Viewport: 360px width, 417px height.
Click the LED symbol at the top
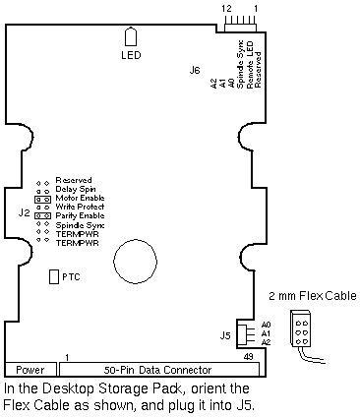pyautogui.click(x=131, y=37)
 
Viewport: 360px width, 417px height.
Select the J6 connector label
pyautogui.click(x=195, y=70)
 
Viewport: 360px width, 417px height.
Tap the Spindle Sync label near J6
pyautogui.click(x=240, y=64)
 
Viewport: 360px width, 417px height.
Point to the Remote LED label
pyautogui.click(x=250, y=65)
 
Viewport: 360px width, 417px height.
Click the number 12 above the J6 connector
pyautogui.click(x=226, y=9)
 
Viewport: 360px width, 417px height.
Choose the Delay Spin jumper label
pyautogui.click(x=76, y=189)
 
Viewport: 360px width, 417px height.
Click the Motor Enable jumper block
pyautogui.click(x=43, y=199)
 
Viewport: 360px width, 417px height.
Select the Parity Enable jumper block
pyautogui.click(x=43, y=215)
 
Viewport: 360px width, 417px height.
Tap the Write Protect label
pyautogui.click(x=80, y=207)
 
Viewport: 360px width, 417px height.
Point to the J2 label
pyautogui.click(x=24, y=213)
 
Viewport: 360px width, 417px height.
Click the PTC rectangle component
pyautogui.click(x=54, y=276)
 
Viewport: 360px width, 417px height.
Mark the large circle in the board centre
pyautogui.click(x=135, y=262)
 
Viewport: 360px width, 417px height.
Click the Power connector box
pyautogui.click(x=30, y=370)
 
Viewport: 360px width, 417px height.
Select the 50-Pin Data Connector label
pyautogui.click(x=157, y=370)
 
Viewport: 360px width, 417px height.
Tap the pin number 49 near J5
pyautogui.click(x=249, y=356)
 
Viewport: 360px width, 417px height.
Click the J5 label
pyautogui.click(x=225, y=335)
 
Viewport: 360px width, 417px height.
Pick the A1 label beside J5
pyautogui.click(x=266, y=333)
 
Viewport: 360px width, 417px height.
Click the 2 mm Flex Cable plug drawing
pyautogui.click(x=301, y=328)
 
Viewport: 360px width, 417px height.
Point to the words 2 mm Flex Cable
pyautogui.click(x=313, y=296)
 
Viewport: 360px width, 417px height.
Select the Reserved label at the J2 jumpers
pyautogui.click(x=74, y=180)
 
